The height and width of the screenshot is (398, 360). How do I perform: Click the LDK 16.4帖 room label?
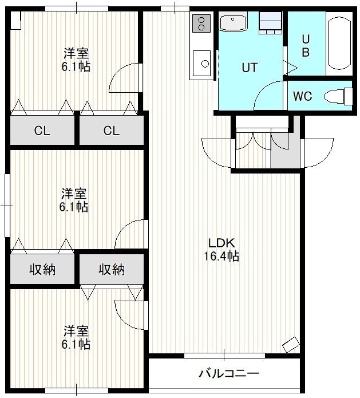[x=221, y=250]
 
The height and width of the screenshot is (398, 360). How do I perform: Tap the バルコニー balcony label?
[x=228, y=373]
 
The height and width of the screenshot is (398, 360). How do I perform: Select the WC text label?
[x=302, y=96]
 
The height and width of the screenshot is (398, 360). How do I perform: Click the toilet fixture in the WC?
[x=338, y=96]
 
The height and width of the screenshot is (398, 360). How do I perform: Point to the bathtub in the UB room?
[x=339, y=43]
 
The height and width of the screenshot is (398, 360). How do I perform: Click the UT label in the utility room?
[x=250, y=68]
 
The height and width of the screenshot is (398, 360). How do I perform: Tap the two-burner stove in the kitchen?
[x=201, y=23]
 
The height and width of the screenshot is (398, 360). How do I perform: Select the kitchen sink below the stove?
[x=201, y=64]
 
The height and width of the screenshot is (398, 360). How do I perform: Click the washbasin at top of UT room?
[x=233, y=23]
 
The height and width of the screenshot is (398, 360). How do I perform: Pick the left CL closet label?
[x=42, y=131]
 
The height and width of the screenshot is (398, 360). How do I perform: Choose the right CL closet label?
[x=111, y=131]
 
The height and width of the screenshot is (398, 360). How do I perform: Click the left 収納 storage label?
[x=42, y=269]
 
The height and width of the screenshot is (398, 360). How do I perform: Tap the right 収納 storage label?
[x=112, y=269]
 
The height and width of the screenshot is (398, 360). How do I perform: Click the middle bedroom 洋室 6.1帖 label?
[x=74, y=200]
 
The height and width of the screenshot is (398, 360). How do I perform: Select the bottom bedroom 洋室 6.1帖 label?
[x=76, y=337]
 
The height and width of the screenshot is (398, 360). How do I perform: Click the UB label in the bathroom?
[x=306, y=46]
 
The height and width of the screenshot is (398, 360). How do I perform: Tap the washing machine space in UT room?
[x=270, y=23]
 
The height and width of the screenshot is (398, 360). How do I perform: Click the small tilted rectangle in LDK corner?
[x=291, y=345]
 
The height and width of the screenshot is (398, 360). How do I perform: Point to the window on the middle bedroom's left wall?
[x=7, y=206]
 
